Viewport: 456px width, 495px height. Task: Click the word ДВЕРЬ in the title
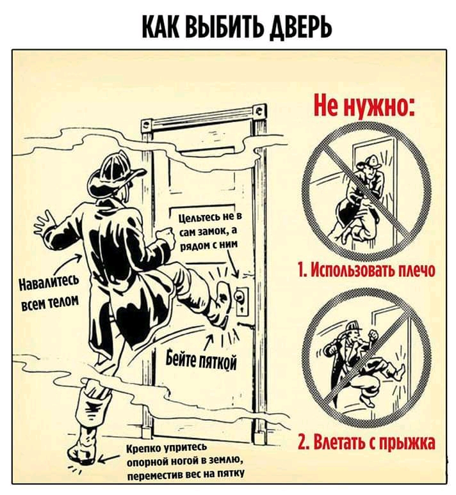(300, 27)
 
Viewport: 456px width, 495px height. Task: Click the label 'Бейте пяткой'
(202, 361)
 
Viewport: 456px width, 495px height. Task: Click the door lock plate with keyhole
(242, 300)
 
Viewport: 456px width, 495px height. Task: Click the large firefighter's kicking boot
(222, 304)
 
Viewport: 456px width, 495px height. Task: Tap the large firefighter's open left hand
(46, 223)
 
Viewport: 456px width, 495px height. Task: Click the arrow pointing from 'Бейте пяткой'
(209, 342)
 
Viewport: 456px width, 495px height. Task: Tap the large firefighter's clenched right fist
(167, 237)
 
